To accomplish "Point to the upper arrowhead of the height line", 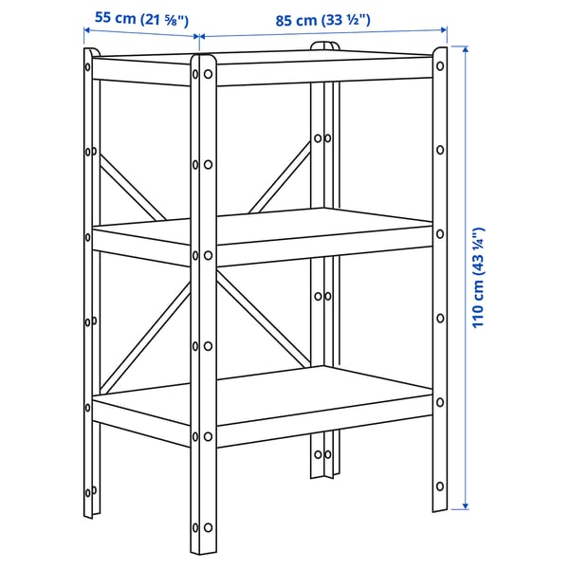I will click(466, 48).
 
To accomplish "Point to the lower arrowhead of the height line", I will click(466, 505).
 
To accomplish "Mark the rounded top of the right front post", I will click(439, 52).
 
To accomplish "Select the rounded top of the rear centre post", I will click(322, 46).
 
